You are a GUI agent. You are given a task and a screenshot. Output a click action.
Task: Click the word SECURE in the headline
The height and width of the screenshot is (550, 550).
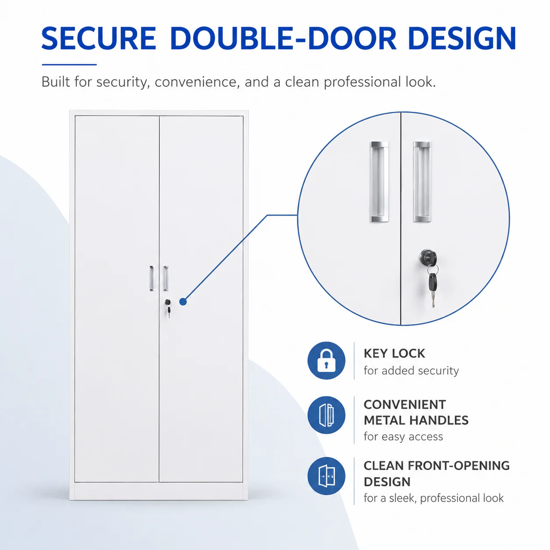pyautogui.click(x=99, y=38)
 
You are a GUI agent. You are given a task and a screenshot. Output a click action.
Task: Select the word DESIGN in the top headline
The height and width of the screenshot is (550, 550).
pyautogui.click(x=462, y=38)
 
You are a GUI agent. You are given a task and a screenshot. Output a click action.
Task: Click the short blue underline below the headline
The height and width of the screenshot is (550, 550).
pyautogui.click(x=69, y=64)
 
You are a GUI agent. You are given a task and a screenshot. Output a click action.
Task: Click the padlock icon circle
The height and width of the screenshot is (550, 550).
pyautogui.click(x=326, y=361)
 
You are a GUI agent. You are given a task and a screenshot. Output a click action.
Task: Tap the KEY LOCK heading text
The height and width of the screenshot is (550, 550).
pyautogui.click(x=394, y=354)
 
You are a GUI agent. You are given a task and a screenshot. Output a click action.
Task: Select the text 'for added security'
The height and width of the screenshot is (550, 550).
pyautogui.click(x=411, y=371)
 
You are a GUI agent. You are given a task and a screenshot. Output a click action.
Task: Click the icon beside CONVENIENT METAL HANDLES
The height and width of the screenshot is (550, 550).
pyautogui.click(x=326, y=415)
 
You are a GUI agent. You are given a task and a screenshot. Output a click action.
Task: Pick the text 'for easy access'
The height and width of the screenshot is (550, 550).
pyautogui.click(x=404, y=436)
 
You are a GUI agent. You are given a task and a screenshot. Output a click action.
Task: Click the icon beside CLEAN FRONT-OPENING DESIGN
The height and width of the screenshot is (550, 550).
pyautogui.click(x=326, y=476)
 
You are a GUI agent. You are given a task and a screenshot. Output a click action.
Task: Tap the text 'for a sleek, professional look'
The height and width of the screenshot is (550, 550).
pyautogui.click(x=433, y=498)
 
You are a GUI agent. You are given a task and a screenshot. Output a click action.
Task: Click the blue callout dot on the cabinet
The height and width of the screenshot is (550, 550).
pyautogui.click(x=183, y=301)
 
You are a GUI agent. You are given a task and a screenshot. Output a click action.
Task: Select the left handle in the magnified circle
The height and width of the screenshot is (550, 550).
pyautogui.click(x=380, y=182)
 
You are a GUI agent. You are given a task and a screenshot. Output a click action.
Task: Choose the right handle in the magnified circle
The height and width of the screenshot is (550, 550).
pyautogui.click(x=422, y=182)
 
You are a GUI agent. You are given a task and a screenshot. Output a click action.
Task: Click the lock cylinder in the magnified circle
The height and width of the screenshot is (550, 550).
pyautogui.click(x=428, y=257)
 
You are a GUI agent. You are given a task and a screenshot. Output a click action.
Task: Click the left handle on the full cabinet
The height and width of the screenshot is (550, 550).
pyautogui.click(x=153, y=278)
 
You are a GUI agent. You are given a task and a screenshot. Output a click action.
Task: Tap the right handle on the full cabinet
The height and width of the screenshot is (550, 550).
pyautogui.click(x=165, y=278)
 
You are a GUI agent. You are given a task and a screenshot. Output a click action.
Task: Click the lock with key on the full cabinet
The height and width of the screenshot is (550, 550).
pyautogui.click(x=168, y=308)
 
